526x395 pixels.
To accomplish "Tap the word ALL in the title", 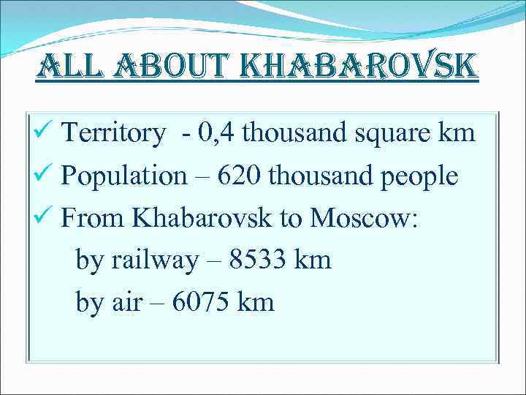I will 65,68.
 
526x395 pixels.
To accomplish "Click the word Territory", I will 114,133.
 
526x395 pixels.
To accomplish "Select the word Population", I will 124,176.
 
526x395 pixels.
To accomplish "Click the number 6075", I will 202,302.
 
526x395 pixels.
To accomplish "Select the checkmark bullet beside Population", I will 45,175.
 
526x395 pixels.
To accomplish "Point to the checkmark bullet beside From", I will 45,217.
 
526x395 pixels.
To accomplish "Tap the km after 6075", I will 256,302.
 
